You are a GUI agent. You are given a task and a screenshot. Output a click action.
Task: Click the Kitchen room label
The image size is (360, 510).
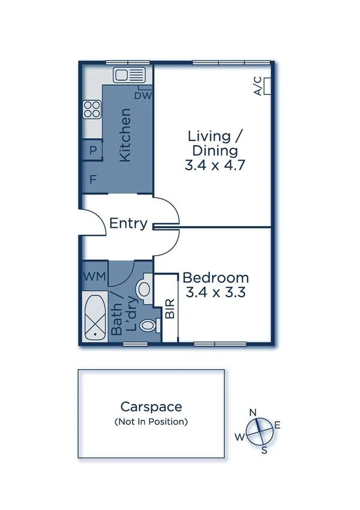pos(125,135)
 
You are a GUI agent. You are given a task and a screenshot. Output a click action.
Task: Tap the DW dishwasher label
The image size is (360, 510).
pos(142,95)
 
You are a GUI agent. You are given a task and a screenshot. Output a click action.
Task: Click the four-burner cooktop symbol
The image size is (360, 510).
pos(92,109)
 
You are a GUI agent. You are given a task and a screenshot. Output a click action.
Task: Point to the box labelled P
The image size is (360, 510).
pos(93,150)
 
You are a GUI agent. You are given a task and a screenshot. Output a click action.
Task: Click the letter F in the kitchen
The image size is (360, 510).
pos(93,179)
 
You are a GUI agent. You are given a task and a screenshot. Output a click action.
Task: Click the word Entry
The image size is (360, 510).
pos(129,224)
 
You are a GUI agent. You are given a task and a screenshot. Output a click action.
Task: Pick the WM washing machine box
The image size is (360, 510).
pos(94,277)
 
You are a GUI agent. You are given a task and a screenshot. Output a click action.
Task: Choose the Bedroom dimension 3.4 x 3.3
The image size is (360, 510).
pos(216,293)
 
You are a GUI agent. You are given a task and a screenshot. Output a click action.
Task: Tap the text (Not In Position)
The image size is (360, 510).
pos(151,422)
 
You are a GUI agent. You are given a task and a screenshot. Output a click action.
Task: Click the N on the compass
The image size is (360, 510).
pos(254,412)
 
